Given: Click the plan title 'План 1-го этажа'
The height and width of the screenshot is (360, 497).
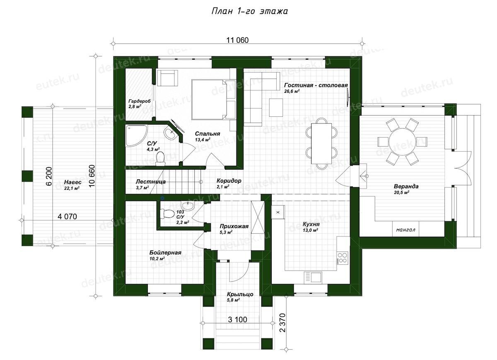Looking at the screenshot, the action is click(x=250, y=11).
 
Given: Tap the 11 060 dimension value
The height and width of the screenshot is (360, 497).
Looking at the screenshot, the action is click(x=237, y=40).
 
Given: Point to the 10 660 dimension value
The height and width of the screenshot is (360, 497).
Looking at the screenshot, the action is click(x=92, y=176).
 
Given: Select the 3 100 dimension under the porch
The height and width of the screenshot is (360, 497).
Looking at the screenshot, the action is click(x=237, y=319).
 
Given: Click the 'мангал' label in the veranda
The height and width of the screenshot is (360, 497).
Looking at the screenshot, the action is click(x=405, y=230).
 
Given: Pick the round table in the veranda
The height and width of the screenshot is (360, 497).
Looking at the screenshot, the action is click(x=403, y=141).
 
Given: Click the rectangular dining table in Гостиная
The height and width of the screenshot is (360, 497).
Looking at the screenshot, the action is click(x=321, y=144).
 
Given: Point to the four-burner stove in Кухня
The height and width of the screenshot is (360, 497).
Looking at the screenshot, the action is click(x=343, y=257).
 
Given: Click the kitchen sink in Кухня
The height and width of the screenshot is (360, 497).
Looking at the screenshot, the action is click(x=313, y=277).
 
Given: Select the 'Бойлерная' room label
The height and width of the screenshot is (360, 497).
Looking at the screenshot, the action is click(x=165, y=252).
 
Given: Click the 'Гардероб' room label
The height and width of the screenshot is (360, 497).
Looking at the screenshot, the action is click(x=139, y=101).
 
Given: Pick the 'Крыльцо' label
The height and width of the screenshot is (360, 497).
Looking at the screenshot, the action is click(x=240, y=294).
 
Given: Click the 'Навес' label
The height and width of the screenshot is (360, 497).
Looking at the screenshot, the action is click(x=72, y=182).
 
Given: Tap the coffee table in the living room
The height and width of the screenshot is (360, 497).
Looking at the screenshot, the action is click(x=276, y=108).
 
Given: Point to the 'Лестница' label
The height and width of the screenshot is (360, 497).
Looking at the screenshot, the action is click(x=150, y=181).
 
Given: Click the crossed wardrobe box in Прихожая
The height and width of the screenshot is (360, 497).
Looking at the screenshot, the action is click(x=258, y=217).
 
